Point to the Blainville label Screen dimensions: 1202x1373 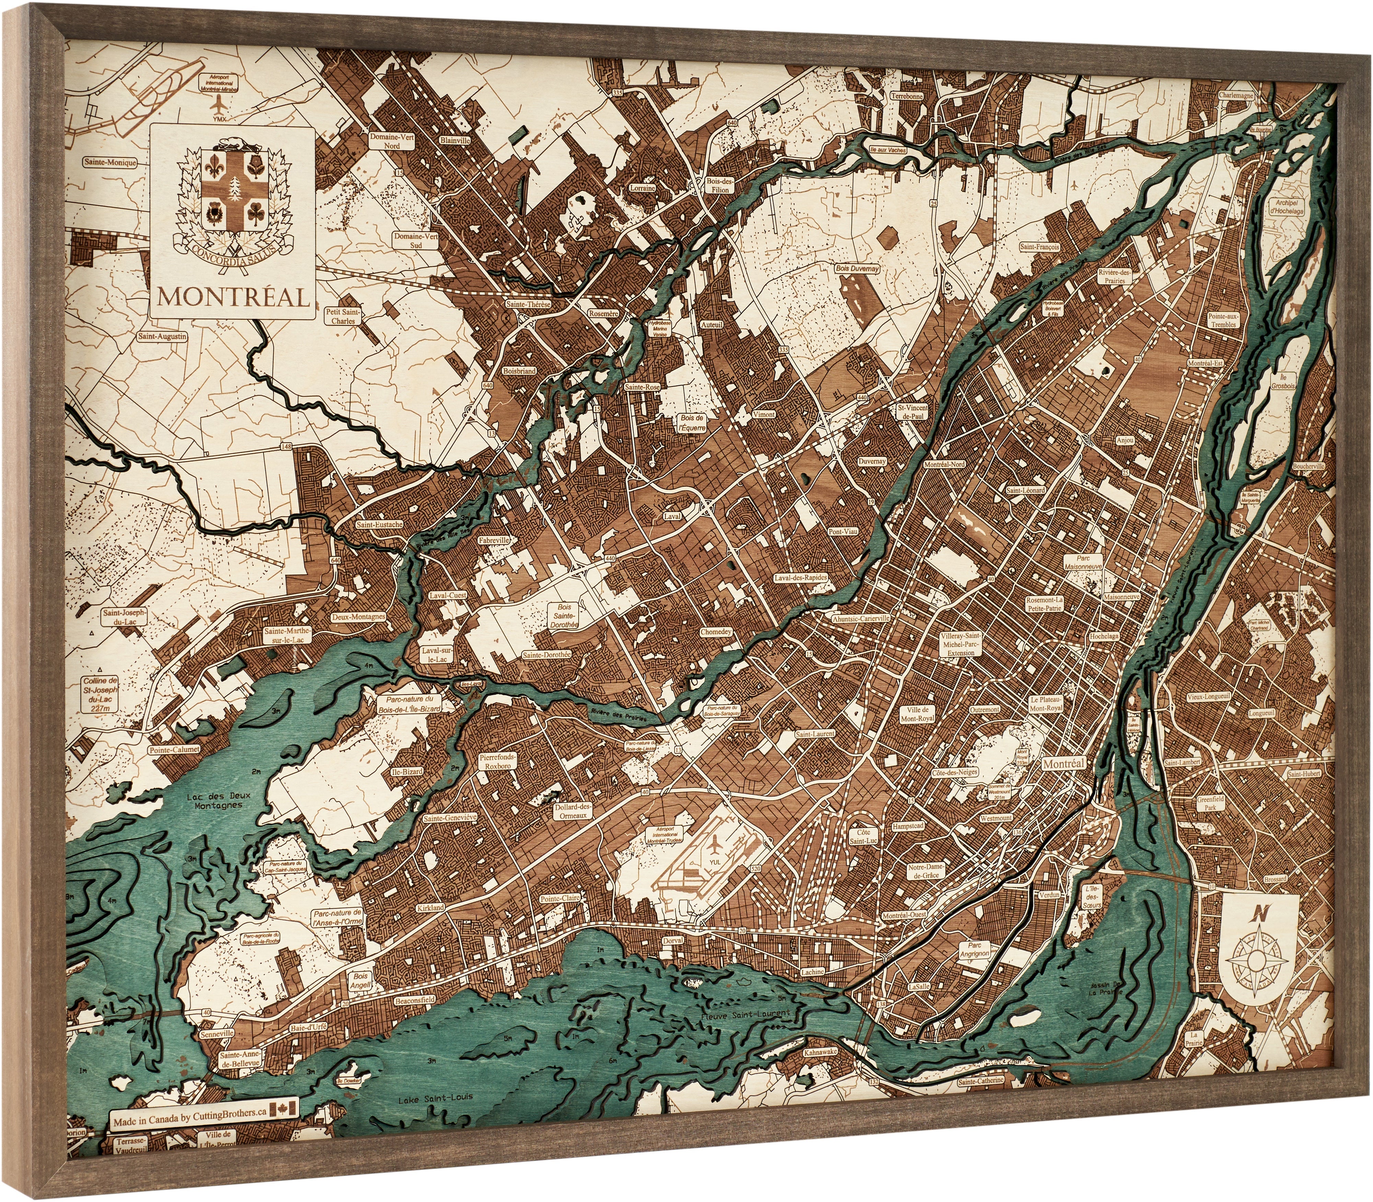tap(455, 141)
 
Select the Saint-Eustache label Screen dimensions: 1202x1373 tap(380, 524)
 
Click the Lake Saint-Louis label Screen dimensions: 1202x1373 tap(435, 1098)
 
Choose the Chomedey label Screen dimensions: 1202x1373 tap(716, 632)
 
